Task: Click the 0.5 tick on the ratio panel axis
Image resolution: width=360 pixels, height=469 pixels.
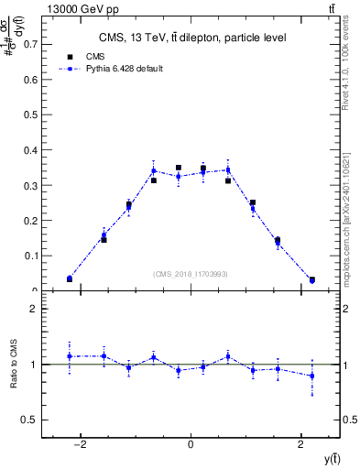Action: [30, 420]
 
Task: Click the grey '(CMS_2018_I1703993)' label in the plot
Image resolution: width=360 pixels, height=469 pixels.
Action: [191, 274]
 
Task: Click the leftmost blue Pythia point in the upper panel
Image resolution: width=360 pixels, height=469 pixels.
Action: [70, 278]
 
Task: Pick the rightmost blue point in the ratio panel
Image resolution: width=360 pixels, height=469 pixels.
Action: [312, 376]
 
